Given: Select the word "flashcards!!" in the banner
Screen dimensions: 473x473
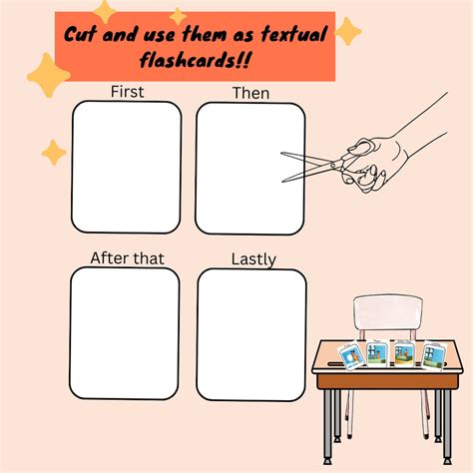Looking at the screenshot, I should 199,61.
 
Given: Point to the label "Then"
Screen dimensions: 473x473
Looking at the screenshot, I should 249,93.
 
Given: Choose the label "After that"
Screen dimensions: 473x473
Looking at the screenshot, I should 127,258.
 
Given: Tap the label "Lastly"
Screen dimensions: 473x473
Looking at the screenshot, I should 253,259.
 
